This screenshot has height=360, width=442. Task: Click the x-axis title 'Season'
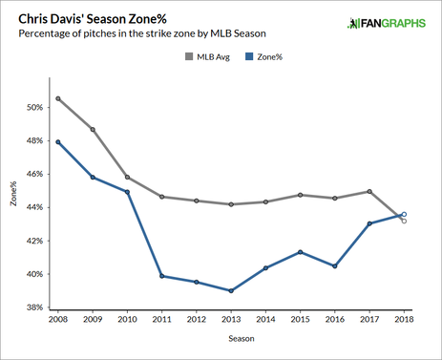pyautogui.click(x=229, y=338)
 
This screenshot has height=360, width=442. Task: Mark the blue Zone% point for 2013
pyautogui.click(x=229, y=290)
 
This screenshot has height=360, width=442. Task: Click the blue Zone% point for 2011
pyautogui.click(x=160, y=276)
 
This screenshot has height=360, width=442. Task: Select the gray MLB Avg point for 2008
pyautogui.click(x=56, y=98)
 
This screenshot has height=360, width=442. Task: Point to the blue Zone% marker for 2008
pyautogui.click(x=56, y=142)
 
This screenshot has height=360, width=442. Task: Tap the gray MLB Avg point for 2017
pyautogui.click(x=368, y=191)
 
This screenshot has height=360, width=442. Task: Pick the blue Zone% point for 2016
pyautogui.click(x=334, y=265)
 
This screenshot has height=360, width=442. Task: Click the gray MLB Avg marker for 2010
pyautogui.click(x=126, y=178)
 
